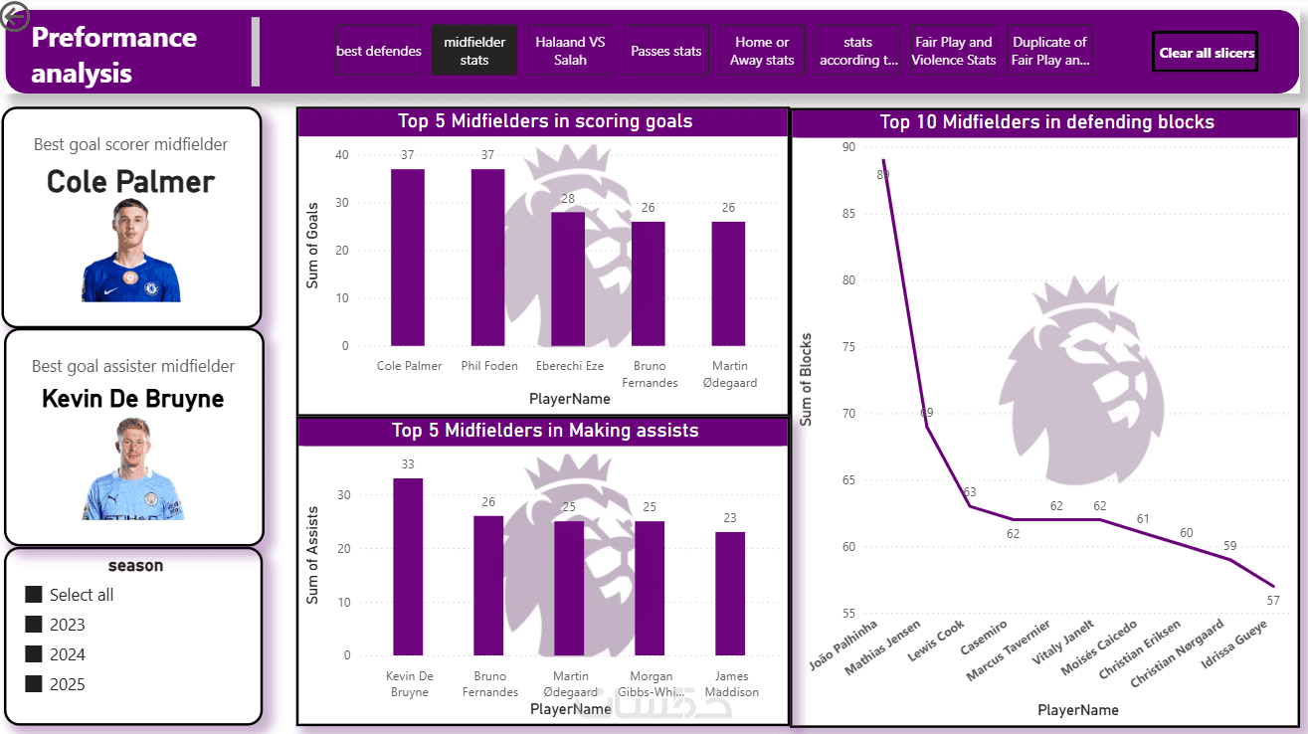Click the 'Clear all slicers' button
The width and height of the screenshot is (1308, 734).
click(x=1205, y=53)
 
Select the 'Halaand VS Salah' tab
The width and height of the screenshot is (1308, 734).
click(x=570, y=51)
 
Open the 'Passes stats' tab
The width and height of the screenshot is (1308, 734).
click(x=665, y=51)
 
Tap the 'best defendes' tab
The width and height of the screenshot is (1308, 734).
click(x=379, y=51)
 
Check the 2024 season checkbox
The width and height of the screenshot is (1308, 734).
click(x=34, y=654)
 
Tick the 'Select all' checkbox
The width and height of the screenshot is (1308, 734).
click(x=34, y=595)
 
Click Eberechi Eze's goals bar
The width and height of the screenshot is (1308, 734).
click(x=568, y=278)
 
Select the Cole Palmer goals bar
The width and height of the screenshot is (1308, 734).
click(x=407, y=258)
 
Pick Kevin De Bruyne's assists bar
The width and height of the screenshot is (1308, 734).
click(x=408, y=567)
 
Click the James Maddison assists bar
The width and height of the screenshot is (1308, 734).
click(x=729, y=594)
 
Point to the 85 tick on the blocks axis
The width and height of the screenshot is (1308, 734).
click(x=847, y=214)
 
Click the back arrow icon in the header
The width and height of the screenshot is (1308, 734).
click(x=16, y=16)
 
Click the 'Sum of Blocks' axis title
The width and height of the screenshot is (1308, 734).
click(x=807, y=379)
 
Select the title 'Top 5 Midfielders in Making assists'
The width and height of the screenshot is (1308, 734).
click(x=545, y=431)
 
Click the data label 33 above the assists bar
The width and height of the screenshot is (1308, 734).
click(x=408, y=464)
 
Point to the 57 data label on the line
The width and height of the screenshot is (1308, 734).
click(x=1273, y=600)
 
